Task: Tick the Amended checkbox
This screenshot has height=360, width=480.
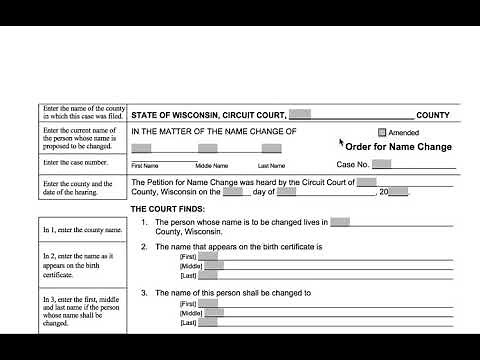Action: point(382,132)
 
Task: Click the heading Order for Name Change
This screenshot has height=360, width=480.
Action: point(399,147)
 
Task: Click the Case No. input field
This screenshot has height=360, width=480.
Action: point(381,164)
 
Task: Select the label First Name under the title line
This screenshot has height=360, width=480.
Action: point(145,165)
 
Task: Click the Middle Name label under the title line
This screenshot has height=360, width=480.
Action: point(212,165)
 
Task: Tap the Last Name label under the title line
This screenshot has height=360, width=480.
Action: point(271,165)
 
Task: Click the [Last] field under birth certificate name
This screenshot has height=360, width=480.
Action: point(207,277)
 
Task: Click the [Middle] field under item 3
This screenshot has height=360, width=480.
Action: point(212,314)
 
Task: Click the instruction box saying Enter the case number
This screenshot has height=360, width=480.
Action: point(82,162)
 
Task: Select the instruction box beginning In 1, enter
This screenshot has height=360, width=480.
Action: point(82,229)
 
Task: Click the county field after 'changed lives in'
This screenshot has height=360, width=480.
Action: point(340,221)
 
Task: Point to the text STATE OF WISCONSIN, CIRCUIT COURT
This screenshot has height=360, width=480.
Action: point(209,116)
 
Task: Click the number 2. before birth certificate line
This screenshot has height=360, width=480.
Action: point(145,246)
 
